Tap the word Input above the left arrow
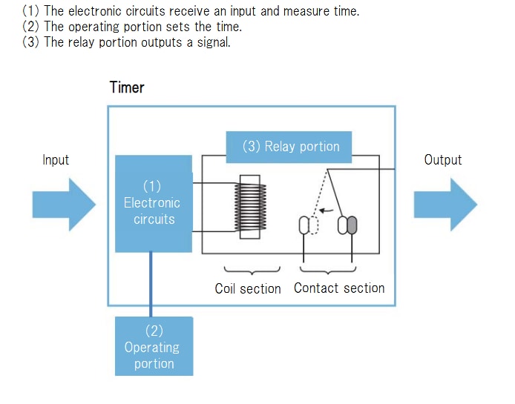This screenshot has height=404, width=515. coord(56,160)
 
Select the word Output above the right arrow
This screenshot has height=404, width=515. coord(442,160)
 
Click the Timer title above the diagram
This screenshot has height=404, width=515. coord(127,87)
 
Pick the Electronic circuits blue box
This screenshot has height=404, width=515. coord(154,202)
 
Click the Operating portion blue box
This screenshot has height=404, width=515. coord(154,346)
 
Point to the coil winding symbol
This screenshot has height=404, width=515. coord(249,208)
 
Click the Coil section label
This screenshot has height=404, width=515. coord(248,288)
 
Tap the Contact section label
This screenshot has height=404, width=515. coord(339,288)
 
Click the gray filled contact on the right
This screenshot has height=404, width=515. coord(352,224)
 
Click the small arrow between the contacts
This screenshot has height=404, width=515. coord(326,211)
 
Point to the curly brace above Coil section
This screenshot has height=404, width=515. coord(247,270)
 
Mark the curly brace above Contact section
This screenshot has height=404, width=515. coord(328,270)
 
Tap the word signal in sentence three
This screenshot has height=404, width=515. coord(213,42)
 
